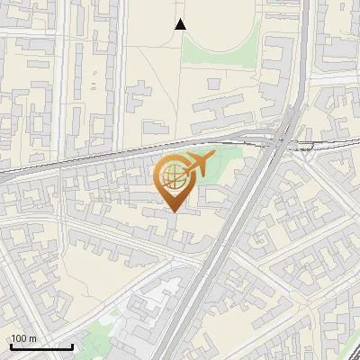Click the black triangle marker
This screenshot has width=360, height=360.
coord(180,24)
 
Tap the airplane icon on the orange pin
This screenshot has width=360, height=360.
coord(196,165)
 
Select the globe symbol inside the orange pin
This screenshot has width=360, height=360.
coord(172,176)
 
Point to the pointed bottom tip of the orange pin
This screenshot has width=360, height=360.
coord(173,211)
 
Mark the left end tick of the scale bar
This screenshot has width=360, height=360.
coord(11,346)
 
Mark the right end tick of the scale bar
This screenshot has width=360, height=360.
coord(72,346)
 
